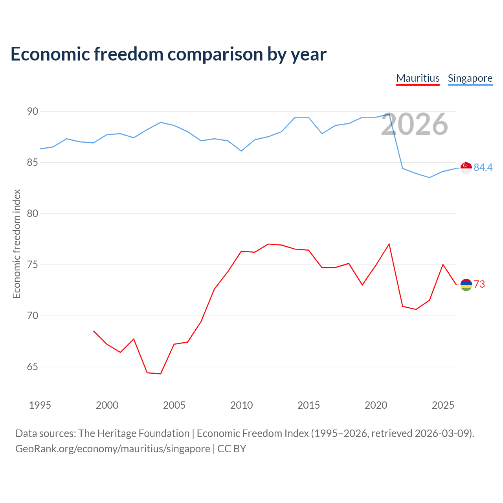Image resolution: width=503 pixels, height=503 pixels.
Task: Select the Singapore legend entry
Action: (470, 79)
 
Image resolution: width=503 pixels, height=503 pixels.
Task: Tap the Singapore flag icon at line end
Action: (466, 168)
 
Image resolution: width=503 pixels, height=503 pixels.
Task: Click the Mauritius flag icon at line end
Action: (466, 285)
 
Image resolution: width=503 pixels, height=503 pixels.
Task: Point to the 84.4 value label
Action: (483, 167)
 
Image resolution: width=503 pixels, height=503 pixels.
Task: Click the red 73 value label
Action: (479, 284)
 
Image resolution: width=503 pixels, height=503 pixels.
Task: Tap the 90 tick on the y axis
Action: (33, 112)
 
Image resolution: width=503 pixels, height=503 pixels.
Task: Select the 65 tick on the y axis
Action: (33, 367)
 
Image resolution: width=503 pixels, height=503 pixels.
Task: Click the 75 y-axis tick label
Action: (33, 265)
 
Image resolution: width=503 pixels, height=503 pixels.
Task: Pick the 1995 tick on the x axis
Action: (40, 405)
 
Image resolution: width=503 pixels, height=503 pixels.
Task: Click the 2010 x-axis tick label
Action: (241, 405)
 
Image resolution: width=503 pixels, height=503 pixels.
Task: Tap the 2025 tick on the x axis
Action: (443, 405)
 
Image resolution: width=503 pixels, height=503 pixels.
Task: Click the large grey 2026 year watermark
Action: (415, 125)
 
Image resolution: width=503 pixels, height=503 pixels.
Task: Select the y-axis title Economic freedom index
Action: (17, 244)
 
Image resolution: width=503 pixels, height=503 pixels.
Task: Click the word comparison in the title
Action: (215, 55)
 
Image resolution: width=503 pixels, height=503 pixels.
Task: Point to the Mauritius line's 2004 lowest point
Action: (161, 374)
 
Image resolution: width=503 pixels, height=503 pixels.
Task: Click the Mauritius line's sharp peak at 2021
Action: (389, 244)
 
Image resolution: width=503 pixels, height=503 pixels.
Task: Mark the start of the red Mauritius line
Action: (94, 331)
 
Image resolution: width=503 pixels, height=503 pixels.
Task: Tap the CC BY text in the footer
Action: (231, 449)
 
